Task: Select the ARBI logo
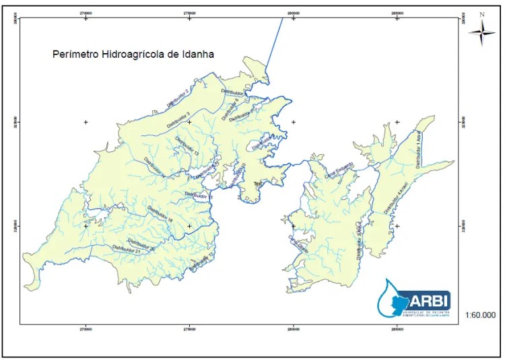414,297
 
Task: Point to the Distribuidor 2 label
177,98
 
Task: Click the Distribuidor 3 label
170,120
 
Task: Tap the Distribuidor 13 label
187,147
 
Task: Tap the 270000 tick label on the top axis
86,11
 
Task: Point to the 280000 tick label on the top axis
294,11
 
